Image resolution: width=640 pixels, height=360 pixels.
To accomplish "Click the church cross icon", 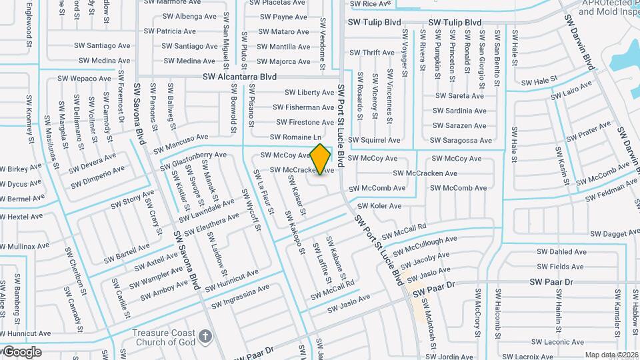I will [x=207, y=335].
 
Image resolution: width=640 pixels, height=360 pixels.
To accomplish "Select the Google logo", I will [x=21, y=351].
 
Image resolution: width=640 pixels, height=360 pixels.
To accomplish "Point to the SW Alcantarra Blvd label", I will [x=239, y=77].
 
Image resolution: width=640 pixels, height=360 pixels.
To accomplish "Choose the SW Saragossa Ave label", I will [x=461, y=141].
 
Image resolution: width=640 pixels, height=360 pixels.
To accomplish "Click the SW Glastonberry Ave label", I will [x=194, y=161].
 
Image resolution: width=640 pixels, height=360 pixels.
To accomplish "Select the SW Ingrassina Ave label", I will [x=241, y=297].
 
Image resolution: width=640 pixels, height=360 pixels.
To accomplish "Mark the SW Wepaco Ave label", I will [x=84, y=79].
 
